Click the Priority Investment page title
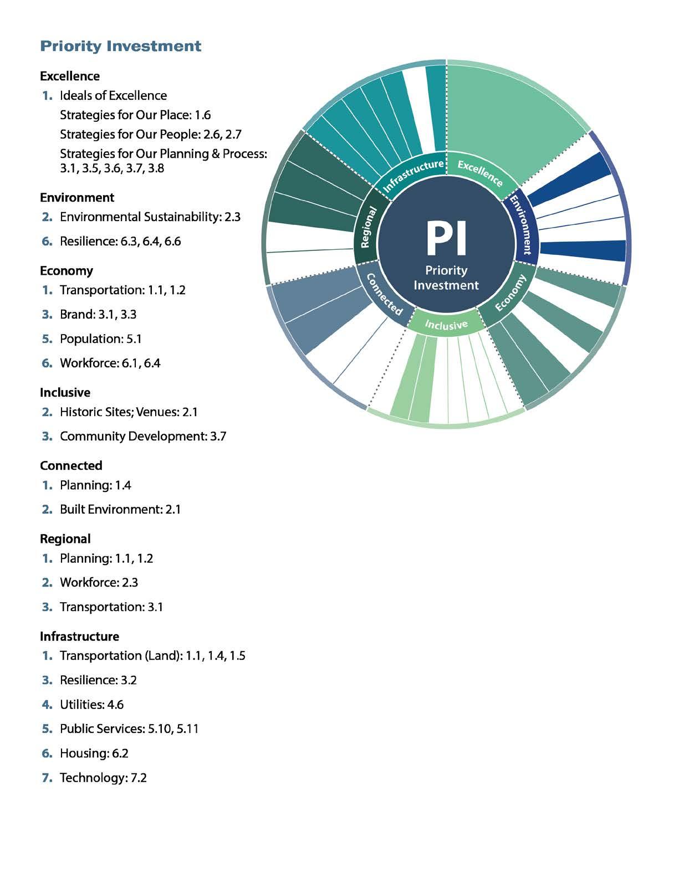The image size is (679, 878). coord(120,46)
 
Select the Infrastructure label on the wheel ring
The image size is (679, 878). coord(413,176)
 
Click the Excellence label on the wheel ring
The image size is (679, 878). coord(480,173)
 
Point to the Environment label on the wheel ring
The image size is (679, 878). coord(523,224)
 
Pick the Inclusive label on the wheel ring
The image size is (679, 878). coord(446,324)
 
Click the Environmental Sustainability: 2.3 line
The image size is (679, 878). coord(150,217)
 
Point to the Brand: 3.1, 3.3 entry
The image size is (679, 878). coord(98,314)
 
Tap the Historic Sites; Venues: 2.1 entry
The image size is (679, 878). coord(128,412)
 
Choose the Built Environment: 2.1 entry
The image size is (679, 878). coord(120,509)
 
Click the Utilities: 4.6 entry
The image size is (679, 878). coord(91,705)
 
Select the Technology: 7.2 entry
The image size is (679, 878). coord(103,778)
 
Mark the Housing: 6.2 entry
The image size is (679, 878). coord(94,753)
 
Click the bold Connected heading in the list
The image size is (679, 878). coord(71,465)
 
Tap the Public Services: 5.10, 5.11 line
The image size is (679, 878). coord(129,729)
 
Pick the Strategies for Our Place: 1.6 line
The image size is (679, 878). coord(135,115)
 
